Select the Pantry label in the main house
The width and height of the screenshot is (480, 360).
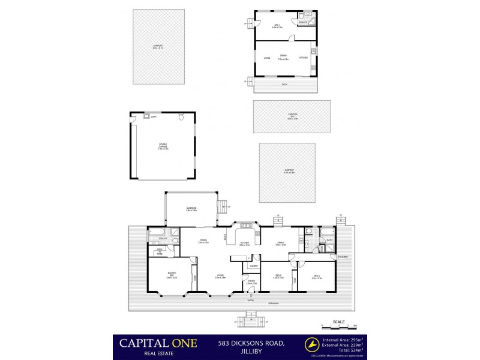[x=254, y=265]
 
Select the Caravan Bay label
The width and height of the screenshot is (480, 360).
[x=292, y=117]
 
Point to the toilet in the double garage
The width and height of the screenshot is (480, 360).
[x=182, y=118]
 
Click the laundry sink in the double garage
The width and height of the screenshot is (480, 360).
[x=147, y=116]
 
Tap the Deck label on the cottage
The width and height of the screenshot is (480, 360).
[x=284, y=85]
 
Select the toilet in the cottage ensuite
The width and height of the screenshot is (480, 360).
[x=307, y=14]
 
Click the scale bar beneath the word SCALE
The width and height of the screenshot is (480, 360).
[x=339, y=326]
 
